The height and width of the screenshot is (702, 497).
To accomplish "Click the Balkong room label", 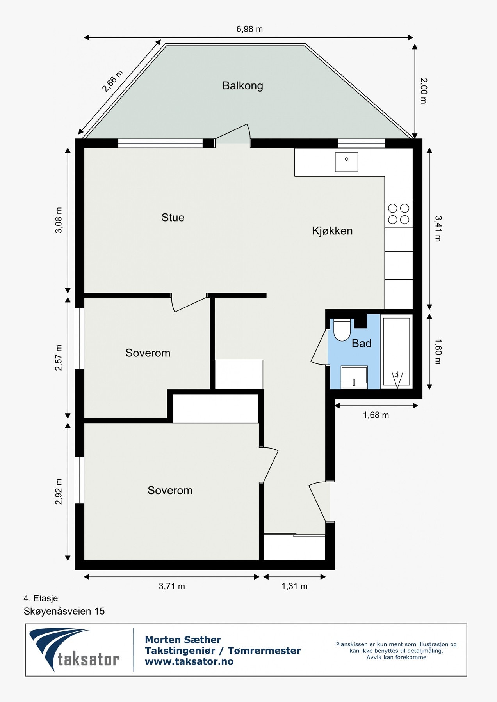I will click(x=242, y=85).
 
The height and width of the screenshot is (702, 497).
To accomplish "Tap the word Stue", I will click(x=173, y=217).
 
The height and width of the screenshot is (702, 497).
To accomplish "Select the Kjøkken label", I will click(x=332, y=231).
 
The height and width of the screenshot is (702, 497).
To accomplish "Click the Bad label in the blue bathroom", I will click(x=362, y=343).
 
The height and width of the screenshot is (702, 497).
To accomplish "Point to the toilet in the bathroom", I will click(x=342, y=330).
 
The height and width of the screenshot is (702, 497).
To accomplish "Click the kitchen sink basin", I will click(x=346, y=162).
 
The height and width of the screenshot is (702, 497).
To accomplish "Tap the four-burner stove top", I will click(x=399, y=214).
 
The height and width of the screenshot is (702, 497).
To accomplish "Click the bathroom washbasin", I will click(x=354, y=377).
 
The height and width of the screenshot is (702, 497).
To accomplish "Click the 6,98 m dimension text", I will click(x=249, y=29).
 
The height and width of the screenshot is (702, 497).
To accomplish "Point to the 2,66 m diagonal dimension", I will click(x=112, y=81).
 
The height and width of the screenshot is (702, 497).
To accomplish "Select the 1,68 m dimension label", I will click(x=376, y=415).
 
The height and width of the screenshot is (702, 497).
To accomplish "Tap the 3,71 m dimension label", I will click(x=172, y=586).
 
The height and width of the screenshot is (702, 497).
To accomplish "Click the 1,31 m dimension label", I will click(x=294, y=586).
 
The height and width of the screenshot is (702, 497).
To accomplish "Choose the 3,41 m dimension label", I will click(x=438, y=229).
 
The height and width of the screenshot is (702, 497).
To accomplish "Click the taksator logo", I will click(x=74, y=649).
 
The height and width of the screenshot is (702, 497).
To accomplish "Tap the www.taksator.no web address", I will click(x=189, y=661).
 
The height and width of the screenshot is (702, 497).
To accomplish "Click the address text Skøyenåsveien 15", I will click(x=64, y=611).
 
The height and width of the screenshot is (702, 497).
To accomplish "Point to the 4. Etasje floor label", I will click(x=41, y=598).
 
